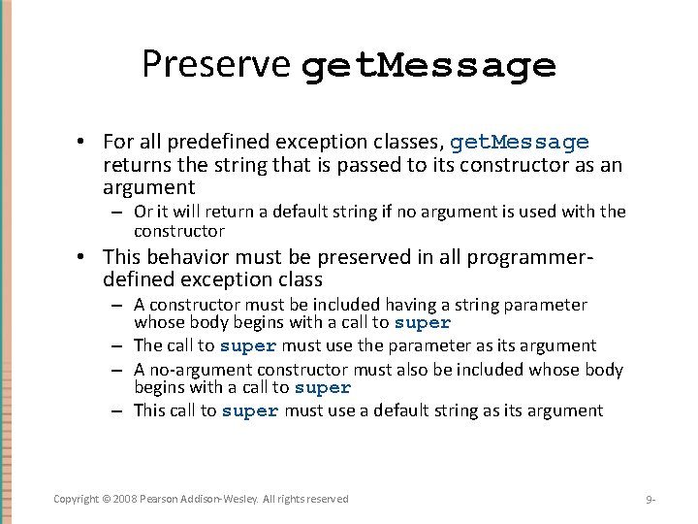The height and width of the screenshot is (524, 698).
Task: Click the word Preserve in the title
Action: (215, 64)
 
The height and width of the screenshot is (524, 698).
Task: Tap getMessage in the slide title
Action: (428, 66)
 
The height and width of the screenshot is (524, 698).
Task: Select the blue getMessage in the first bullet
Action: (520, 143)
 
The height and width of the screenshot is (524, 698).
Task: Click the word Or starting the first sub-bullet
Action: (143, 212)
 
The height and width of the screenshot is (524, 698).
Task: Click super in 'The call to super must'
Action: (248, 345)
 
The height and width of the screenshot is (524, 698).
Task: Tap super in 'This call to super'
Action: (250, 411)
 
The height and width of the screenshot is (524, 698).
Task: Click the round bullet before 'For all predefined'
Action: (87, 143)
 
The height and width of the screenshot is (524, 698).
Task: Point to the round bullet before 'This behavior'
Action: (87, 257)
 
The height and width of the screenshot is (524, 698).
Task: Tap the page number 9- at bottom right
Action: (650, 500)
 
